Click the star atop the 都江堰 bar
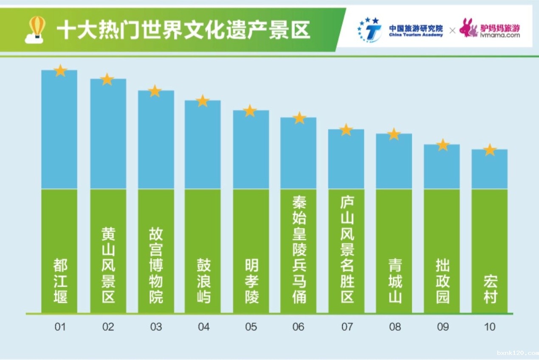(60, 71)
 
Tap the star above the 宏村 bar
(490, 150)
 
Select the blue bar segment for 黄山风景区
(108, 134)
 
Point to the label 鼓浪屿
(203, 281)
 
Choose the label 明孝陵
(251, 281)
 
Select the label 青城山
(394, 281)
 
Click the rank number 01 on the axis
(60, 327)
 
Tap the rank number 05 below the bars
(251, 327)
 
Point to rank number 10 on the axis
(490, 327)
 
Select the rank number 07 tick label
(347, 327)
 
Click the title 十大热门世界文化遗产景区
(183, 31)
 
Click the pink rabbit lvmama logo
(468, 28)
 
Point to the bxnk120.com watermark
(516, 353)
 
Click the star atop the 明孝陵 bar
(250, 111)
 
